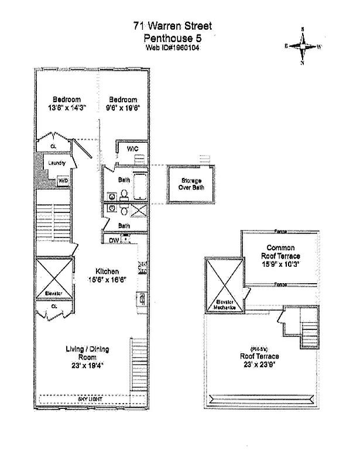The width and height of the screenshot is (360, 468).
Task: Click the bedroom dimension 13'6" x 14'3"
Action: point(67,108)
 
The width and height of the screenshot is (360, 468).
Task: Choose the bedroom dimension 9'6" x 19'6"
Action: point(123,108)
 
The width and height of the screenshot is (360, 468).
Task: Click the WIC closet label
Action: point(132,149)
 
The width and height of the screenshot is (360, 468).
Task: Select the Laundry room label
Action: point(57,163)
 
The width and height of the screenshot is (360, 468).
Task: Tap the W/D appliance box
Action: point(63,181)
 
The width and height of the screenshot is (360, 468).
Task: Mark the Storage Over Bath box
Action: point(191,185)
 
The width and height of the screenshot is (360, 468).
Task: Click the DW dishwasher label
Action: point(114,240)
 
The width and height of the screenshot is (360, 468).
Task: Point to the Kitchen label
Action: point(108,271)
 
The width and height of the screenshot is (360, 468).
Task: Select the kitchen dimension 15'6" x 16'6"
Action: point(108,279)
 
